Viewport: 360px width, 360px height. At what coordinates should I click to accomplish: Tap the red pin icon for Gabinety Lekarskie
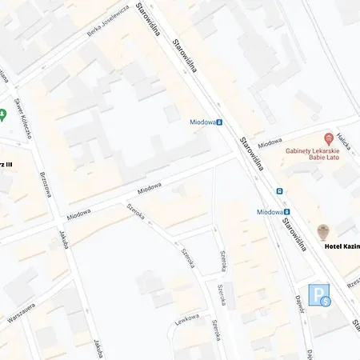point(329,139)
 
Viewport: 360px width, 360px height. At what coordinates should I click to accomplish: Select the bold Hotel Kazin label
point(342,246)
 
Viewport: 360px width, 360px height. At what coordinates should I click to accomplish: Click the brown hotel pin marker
point(323,232)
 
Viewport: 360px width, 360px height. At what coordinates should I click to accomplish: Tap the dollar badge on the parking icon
point(326,302)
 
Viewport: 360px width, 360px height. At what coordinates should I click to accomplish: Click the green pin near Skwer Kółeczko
point(3,114)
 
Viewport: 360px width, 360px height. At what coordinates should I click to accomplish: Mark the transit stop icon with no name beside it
point(279,191)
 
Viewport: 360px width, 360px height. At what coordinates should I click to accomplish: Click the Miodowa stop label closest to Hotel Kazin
point(270,212)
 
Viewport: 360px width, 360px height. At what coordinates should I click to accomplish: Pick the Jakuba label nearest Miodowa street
point(62,241)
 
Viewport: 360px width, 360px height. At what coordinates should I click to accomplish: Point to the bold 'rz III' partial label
point(6,164)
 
